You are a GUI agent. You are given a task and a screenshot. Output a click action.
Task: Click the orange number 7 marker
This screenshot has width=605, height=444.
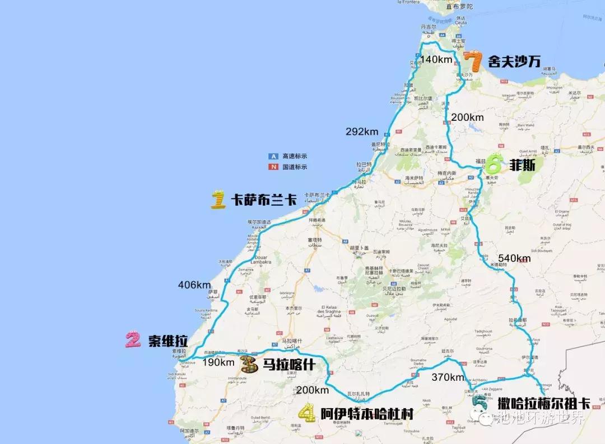[x=473, y=60]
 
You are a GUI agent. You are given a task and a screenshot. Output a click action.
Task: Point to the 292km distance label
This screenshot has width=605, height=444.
[x=362, y=133]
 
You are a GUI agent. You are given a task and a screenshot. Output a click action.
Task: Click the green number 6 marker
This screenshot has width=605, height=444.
[x=495, y=164]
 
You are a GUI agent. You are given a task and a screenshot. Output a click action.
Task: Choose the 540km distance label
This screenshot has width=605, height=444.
[x=514, y=258]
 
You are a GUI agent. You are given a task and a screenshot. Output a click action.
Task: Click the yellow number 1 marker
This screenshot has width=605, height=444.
[x=218, y=200]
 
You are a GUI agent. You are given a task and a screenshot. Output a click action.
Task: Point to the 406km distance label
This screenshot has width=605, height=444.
[x=194, y=285]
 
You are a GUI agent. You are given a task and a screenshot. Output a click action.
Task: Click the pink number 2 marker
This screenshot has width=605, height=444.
[x=133, y=340]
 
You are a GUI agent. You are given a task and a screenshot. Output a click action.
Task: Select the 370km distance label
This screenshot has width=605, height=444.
[x=448, y=377]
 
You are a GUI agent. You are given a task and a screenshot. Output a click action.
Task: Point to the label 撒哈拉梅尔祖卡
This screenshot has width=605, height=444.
[x=543, y=402]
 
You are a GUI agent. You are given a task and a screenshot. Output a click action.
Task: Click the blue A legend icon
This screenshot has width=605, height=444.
[x=273, y=156]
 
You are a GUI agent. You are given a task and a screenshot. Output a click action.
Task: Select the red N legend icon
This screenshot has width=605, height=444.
[x=273, y=167]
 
